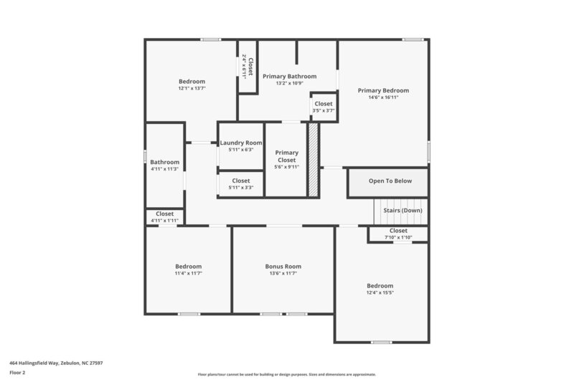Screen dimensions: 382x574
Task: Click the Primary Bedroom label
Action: coord(383,90)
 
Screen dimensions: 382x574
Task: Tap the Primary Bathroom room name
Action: coord(289,76)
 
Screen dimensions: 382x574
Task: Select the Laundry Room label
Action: coord(241,143)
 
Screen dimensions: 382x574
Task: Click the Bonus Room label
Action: coord(283,266)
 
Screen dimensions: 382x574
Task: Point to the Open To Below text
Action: coord(387,181)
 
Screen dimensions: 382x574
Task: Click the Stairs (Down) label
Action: coord(403,210)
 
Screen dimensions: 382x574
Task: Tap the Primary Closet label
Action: coord(287,156)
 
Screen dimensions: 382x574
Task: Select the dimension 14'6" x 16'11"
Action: coord(383,97)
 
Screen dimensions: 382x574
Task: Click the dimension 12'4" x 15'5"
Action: coord(380,292)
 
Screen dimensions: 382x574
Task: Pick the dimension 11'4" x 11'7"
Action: coord(188,273)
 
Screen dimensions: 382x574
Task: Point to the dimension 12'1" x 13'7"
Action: coord(192,88)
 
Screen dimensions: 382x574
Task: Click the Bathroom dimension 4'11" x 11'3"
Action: coord(164,169)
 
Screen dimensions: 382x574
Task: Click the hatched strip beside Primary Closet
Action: coord(313,159)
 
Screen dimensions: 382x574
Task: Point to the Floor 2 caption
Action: coord(18,373)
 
